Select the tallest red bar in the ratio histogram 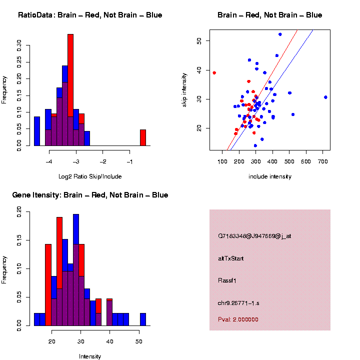click(70, 90)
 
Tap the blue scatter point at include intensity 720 click(325, 97)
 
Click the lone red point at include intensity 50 click(214, 72)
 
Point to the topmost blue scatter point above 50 click(280, 34)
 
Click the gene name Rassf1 click(227, 280)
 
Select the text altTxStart click(230, 258)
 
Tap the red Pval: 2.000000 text click(238, 319)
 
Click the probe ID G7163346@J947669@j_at click(254, 236)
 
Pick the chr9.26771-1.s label click(238, 303)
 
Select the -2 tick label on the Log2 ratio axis click(103, 162)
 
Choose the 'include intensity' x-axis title click(270, 176)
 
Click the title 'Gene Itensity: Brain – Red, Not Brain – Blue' click(90, 195)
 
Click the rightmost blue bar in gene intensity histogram click(143, 319)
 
